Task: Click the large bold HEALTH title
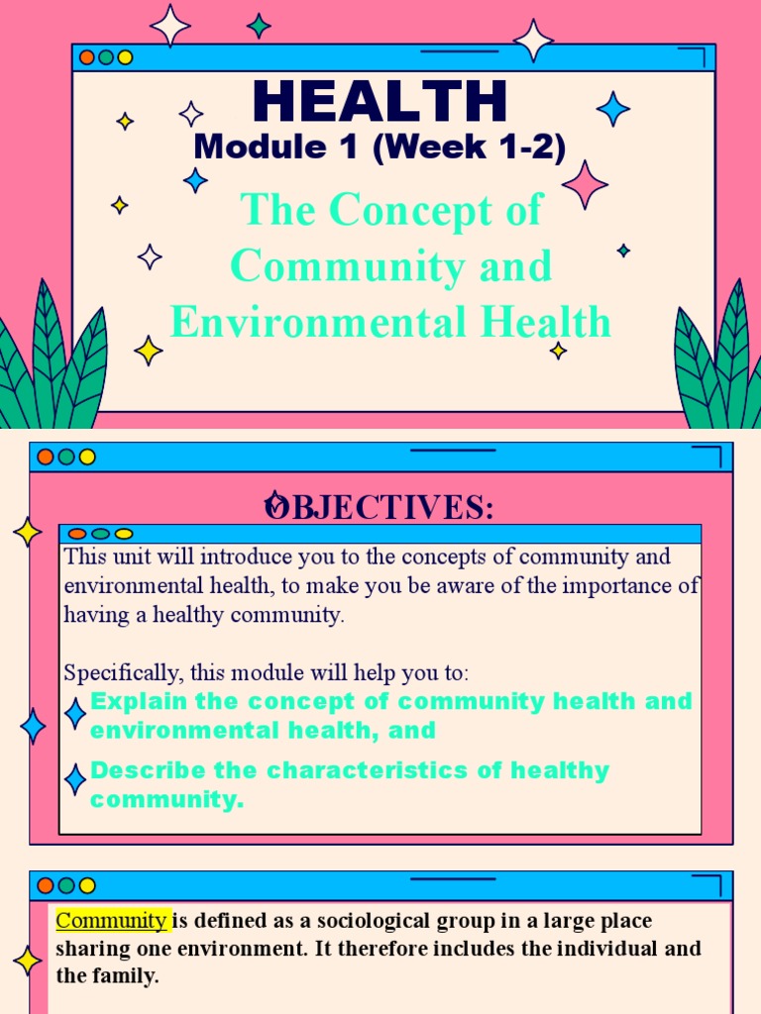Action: click(x=380, y=101)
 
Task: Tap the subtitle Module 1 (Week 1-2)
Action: click(x=380, y=149)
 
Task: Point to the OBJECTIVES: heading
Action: click(x=380, y=507)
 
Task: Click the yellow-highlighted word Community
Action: click(x=113, y=921)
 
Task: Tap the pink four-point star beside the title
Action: click(x=585, y=184)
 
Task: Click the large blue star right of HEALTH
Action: click(x=613, y=108)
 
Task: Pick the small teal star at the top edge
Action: click(x=259, y=26)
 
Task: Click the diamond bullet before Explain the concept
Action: click(x=75, y=713)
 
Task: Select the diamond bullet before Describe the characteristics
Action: click(x=75, y=779)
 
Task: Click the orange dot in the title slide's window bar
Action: click(x=87, y=57)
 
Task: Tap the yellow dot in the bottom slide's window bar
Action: click(x=87, y=885)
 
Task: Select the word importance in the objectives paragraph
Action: click(x=615, y=585)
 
